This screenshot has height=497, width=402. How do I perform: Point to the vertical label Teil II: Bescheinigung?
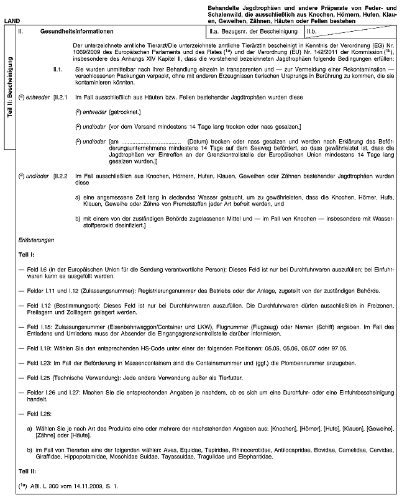pos(9,88)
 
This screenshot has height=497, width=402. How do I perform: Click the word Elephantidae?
pos(252,457)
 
